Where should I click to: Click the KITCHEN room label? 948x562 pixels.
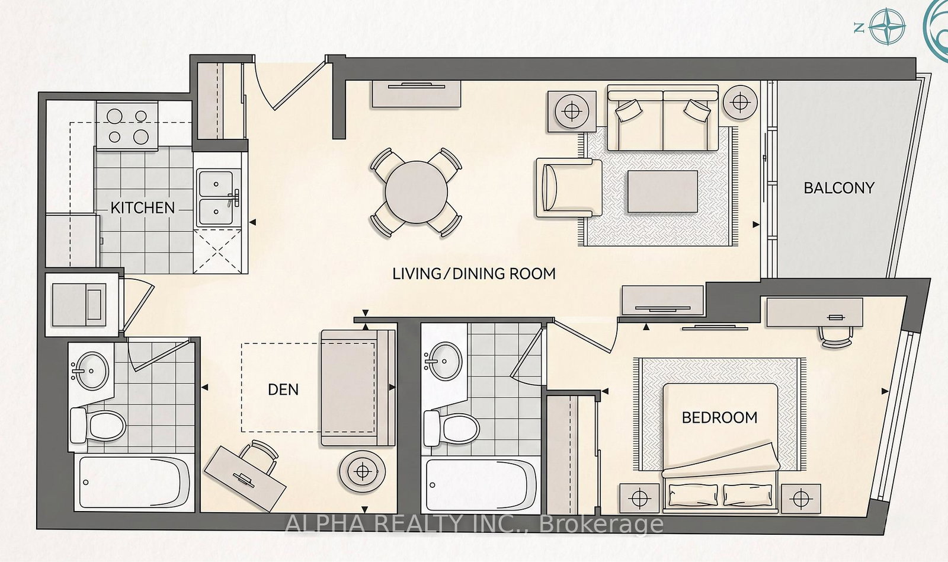pos(143,208)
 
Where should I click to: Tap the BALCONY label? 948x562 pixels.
pos(839,188)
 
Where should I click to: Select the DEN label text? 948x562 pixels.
pos(283,389)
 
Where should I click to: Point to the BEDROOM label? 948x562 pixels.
pos(719,417)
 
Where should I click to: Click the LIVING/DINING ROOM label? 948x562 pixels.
pos(474,273)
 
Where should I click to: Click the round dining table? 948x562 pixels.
pos(416,192)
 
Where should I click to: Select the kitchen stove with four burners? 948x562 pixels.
pos(127,126)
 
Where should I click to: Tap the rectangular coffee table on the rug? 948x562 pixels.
pos(662,191)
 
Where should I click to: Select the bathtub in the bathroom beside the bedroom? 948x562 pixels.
pos(482,484)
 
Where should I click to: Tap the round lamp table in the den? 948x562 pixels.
pos(362,471)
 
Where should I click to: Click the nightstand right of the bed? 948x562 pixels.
pos(800,498)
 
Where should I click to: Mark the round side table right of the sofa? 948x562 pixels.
pos(740,101)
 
